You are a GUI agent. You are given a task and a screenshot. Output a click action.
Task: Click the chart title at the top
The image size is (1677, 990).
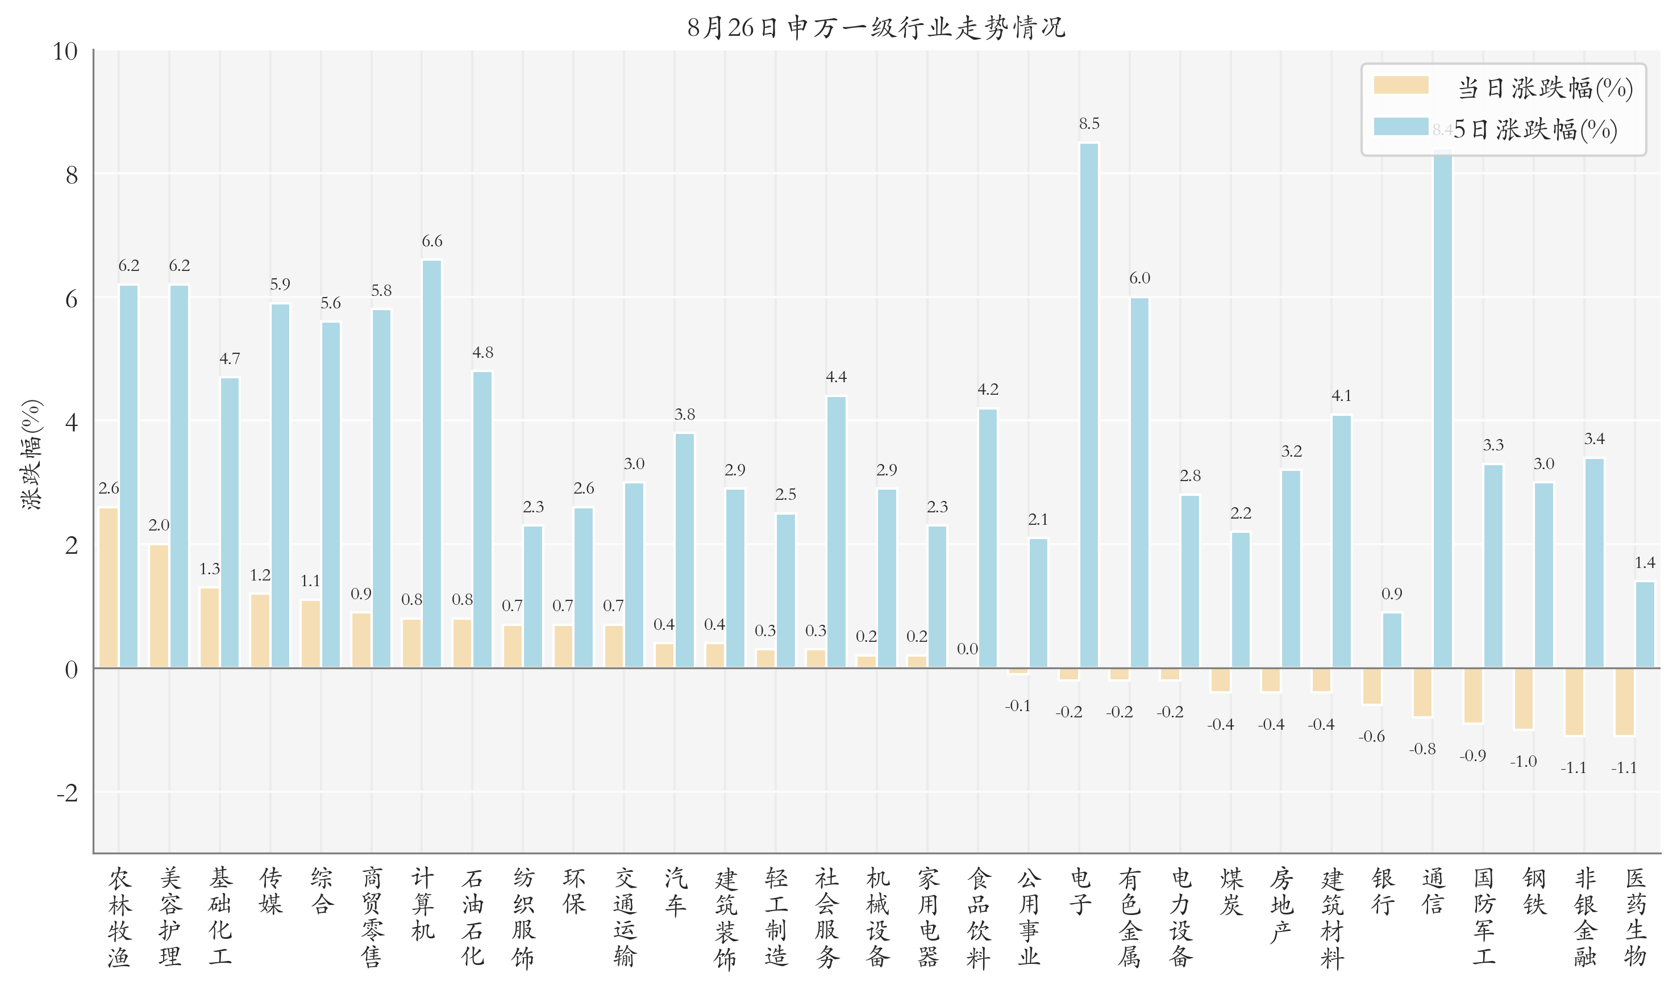pyautogui.click(x=876, y=27)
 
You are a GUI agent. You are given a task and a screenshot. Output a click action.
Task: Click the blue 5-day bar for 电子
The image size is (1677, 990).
pyautogui.click(x=1088, y=406)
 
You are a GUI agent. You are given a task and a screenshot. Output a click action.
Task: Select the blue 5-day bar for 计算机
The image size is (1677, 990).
pyautogui.click(x=432, y=464)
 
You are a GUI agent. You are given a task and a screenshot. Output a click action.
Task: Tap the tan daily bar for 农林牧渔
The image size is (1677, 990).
pyautogui.click(x=109, y=588)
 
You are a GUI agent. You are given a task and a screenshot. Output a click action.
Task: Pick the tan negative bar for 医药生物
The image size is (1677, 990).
pyautogui.click(x=1624, y=702)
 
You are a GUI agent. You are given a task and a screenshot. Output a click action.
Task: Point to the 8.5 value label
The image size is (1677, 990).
pyautogui.click(x=1088, y=123)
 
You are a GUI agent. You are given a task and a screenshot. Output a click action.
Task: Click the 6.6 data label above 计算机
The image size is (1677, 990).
pyautogui.click(x=432, y=241)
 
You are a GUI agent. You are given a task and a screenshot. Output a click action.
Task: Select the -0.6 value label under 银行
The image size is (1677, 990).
pyautogui.click(x=1371, y=737)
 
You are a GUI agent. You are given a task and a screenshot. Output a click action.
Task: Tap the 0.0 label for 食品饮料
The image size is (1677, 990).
pyautogui.click(x=967, y=649)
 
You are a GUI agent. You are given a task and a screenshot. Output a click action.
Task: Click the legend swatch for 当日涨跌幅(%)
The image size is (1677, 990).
pyautogui.click(x=1401, y=85)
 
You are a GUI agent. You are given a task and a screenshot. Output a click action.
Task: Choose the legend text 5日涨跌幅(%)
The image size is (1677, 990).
pyautogui.click(x=1535, y=130)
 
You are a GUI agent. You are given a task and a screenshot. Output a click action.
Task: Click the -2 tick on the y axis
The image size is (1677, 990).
pyautogui.click(x=66, y=793)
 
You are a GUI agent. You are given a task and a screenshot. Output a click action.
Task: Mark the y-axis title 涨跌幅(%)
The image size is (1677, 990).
pyautogui.click(x=31, y=455)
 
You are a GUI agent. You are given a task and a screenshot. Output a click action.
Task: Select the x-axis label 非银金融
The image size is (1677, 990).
pyautogui.click(x=1585, y=917)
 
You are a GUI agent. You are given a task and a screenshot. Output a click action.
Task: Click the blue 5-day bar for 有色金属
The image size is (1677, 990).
pyautogui.click(x=1139, y=483)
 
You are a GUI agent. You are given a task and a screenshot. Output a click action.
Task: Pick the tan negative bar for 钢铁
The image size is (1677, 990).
pyautogui.click(x=1524, y=699)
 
